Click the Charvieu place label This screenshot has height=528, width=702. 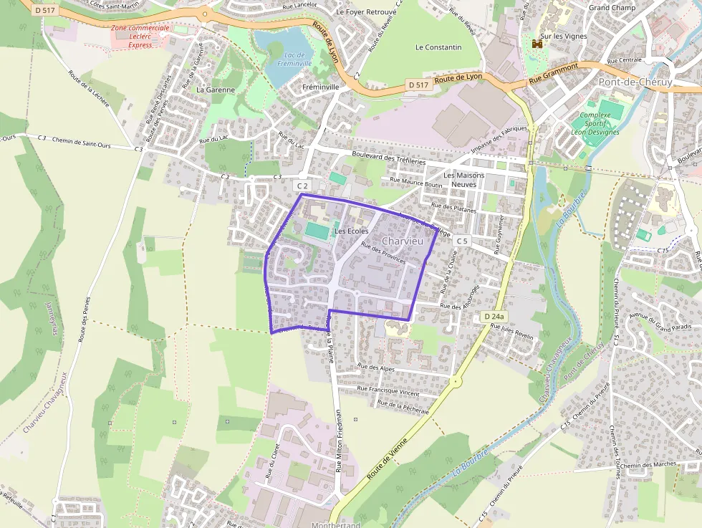(403, 241)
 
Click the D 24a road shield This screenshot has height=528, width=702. (494, 316)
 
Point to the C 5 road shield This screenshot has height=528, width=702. (461, 241)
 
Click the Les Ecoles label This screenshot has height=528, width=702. (351, 231)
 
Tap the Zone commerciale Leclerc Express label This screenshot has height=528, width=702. (140, 36)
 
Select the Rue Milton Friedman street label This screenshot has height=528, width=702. (339, 441)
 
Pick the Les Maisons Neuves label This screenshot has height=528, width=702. (463, 179)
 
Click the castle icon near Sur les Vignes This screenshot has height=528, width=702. (537, 44)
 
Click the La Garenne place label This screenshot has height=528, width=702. (216, 90)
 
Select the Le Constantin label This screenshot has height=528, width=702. (438, 47)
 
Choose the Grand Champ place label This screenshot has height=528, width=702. (612, 8)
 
